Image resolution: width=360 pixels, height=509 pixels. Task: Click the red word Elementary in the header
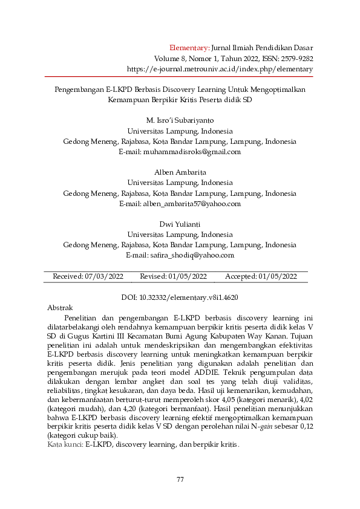point(189,47)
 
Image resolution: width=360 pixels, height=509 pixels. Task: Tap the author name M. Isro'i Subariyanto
point(180,119)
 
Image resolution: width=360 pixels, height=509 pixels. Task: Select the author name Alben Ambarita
point(180,172)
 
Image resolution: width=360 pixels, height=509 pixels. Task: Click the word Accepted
point(241,276)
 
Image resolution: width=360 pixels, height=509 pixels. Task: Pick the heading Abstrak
point(60,308)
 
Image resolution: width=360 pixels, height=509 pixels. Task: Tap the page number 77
point(180,479)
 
